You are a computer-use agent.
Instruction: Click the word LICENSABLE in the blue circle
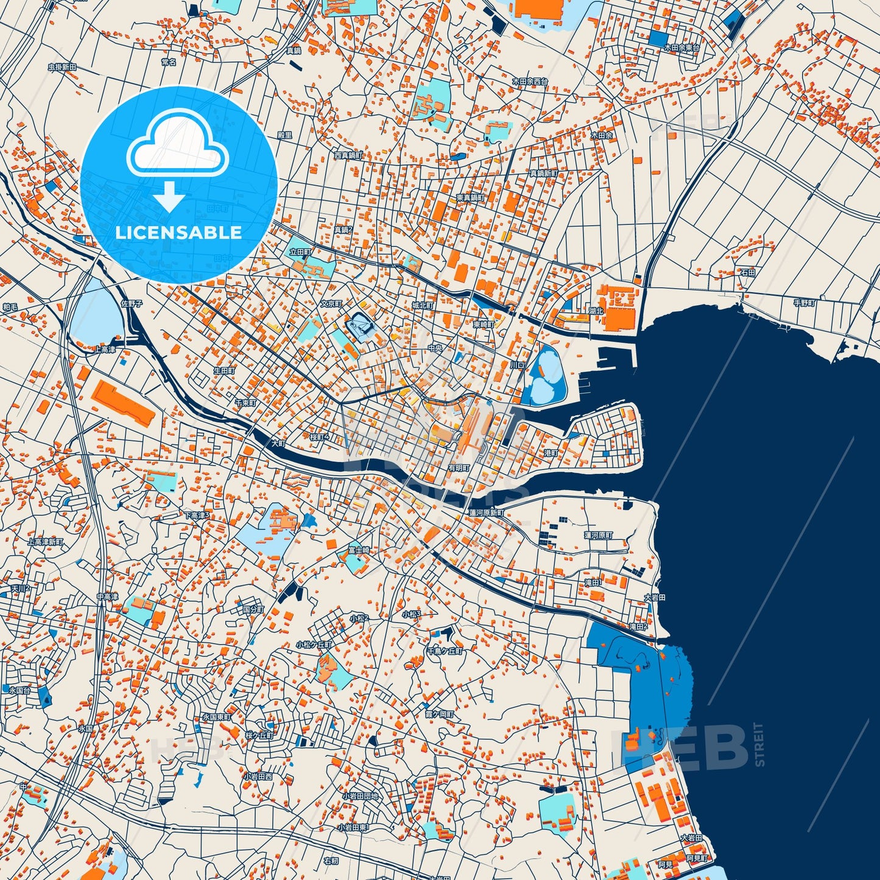coord(178,233)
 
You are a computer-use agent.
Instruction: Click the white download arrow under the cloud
coord(169,198)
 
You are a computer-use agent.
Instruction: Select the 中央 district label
coord(435,348)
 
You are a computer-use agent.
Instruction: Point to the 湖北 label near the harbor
coord(596,311)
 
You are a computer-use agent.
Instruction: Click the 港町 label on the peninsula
coord(551,452)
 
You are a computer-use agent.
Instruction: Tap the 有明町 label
coord(459,468)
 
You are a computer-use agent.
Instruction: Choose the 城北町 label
coord(422,304)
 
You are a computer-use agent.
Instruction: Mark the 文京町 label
coord(331,304)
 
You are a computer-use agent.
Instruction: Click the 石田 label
coord(747,273)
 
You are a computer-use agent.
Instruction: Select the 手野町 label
coord(804,302)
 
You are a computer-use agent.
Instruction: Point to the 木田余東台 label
coord(681,47)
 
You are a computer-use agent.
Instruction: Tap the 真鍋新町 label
coord(543,174)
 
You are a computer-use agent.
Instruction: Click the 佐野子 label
coord(132,303)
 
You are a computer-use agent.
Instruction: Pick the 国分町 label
coord(253,609)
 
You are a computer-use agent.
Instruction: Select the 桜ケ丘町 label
coord(259,735)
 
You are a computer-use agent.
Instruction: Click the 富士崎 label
coord(359,550)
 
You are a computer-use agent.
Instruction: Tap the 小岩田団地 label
coord(359,795)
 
